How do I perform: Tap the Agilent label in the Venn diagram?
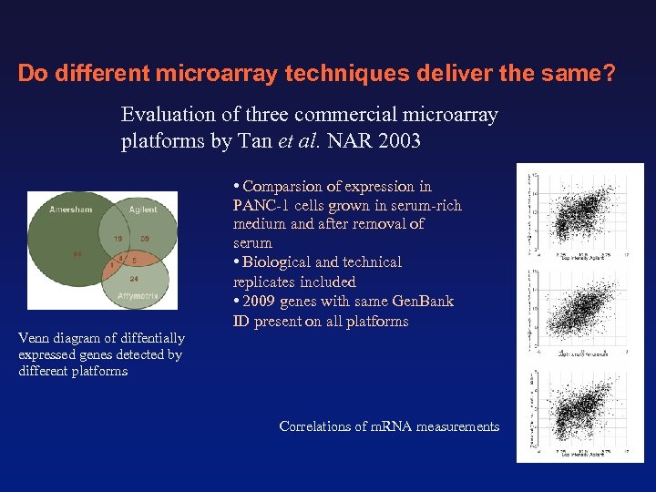pyautogui.click(x=142, y=210)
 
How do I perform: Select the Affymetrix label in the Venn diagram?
pyautogui.click(x=139, y=295)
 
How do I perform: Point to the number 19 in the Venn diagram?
pyautogui.click(x=118, y=239)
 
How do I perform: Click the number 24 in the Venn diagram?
pyautogui.click(x=134, y=278)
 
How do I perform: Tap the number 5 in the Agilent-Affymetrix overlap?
pyautogui.click(x=133, y=261)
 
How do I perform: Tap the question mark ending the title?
pyautogui.click(x=609, y=73)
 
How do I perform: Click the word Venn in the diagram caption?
pyautogui.click(x=35, y=338)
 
